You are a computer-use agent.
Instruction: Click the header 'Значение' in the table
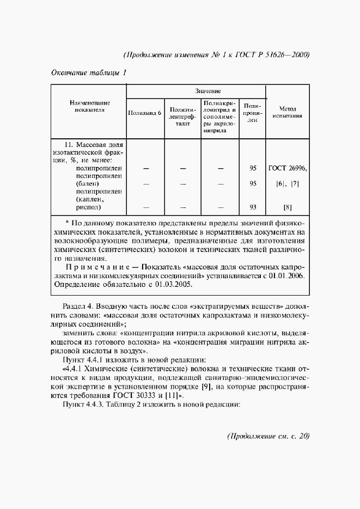point(196,91)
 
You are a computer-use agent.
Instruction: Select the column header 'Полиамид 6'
point(144,113)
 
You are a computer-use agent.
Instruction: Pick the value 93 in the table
point(253,207)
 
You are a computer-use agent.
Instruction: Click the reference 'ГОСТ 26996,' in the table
point(288,168)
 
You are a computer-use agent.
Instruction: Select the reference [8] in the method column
point(288,207)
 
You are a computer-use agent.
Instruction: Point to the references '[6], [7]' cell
point(288,184)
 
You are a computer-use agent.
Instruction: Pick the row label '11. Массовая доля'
point(94,145)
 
